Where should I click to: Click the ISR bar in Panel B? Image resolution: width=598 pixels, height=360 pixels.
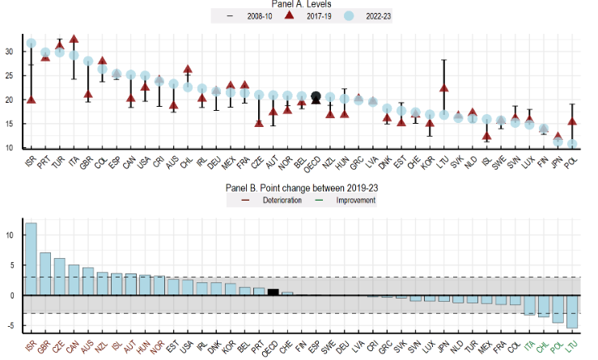(31, 259)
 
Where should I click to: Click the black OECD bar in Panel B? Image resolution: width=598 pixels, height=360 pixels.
(274, 292)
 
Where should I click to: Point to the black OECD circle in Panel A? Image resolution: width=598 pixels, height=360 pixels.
(316, 97)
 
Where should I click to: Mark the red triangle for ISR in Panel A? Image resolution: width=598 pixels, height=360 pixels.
(31, 100)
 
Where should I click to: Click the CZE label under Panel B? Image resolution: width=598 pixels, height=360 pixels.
(58, 345)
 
